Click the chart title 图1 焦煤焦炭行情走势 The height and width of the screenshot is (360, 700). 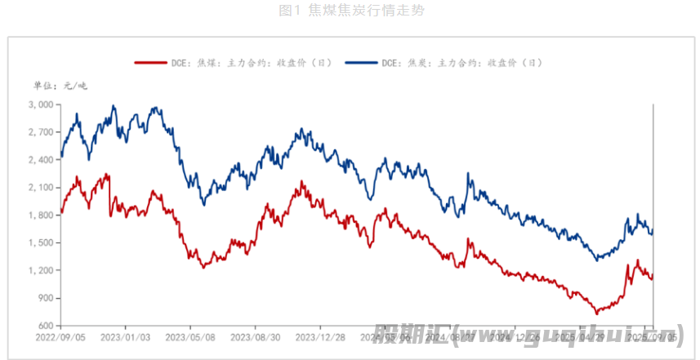[350, 11]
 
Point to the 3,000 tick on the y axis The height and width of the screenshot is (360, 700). [40, 104]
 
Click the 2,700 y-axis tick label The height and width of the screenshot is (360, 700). [40, 132]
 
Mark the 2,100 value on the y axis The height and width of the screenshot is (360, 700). [40, 188]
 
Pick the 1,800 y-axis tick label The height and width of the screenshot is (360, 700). [40, 216]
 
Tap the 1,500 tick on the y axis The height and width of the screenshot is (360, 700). [40, 243]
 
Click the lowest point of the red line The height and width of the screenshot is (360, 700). [596, 313]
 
